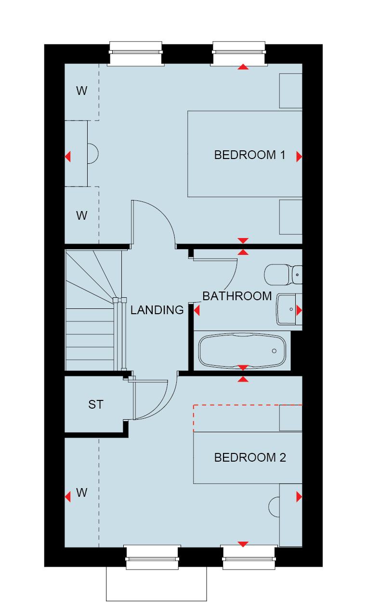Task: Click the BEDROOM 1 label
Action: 249,155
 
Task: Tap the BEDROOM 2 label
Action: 250,458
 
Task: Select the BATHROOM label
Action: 237,296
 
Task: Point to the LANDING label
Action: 157,310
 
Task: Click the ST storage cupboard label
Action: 96,404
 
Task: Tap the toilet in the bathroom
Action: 283,275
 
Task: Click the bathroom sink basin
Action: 286,309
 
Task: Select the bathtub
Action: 242,351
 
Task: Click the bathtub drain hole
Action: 274,351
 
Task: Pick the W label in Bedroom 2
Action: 81,492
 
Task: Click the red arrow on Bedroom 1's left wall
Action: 67,157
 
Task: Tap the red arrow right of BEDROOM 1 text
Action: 299,157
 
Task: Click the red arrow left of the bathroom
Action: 197,310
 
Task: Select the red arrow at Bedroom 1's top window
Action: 243,67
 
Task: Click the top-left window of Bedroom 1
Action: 136,54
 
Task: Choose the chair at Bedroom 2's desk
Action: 274,507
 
